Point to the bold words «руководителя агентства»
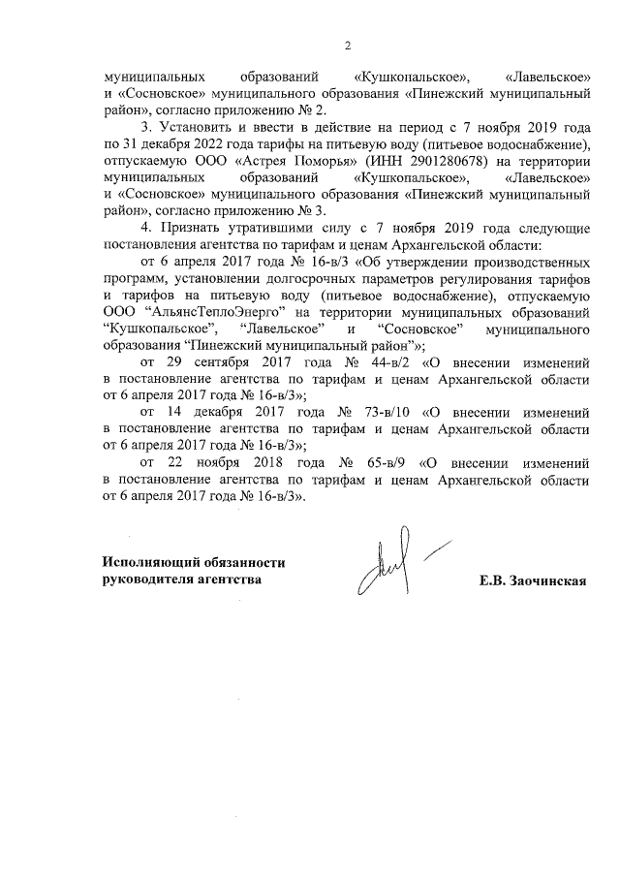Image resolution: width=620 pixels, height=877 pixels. [x=182, y=579]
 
